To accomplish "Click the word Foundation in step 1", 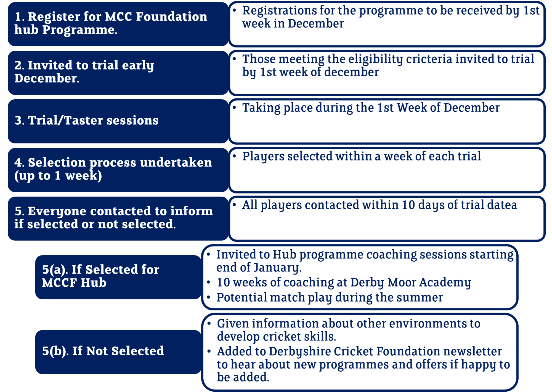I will coord(171,17).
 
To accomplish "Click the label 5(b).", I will coord(55,351).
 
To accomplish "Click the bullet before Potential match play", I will coord(209,297).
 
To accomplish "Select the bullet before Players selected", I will coord(234,156).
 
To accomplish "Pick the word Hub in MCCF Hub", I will coord(94,283).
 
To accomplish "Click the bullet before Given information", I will coord(209,323).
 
